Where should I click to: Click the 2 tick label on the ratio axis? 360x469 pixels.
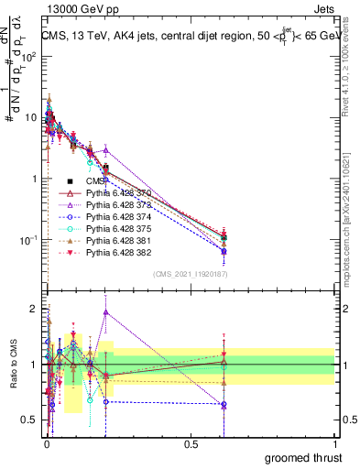[x=32, y=309]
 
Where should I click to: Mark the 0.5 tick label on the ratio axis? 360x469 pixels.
[x=28, y=421]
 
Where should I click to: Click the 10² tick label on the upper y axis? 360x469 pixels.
[x=27, y=56]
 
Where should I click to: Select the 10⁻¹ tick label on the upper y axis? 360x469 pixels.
[x=27, y=240]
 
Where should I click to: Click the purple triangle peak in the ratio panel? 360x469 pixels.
[x=106, y=312]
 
